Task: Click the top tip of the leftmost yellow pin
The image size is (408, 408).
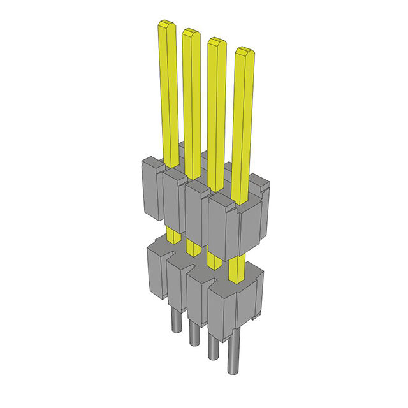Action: [166, 25]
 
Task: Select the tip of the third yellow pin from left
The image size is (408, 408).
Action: [217, 41]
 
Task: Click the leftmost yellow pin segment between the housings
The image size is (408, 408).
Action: [173, 235]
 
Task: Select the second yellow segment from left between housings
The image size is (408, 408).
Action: [192, 245]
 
